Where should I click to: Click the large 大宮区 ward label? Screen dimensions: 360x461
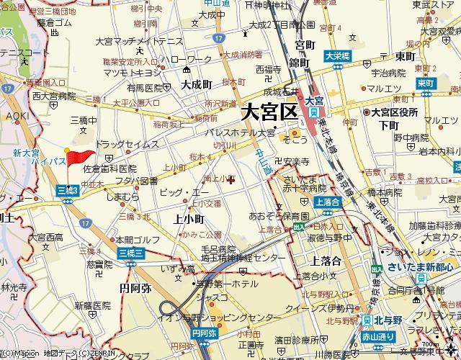pyautogui.click(x=269, y=112)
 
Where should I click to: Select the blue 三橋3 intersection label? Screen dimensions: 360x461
pyautogui.click(x=67, y=189)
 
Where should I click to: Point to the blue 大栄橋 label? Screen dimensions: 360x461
pyautogui.click(x=336, y=55)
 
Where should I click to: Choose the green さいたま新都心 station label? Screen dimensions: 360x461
pyautogui.click(x=417, y=268)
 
